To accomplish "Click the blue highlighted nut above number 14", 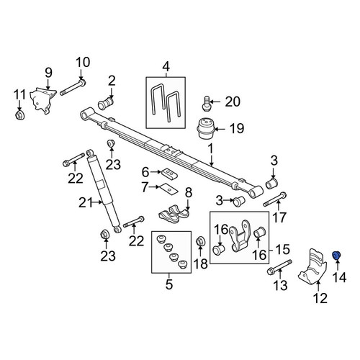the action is click(x=336, y=256).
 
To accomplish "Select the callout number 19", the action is click(x=237, y=128).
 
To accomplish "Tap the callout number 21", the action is click(x=86, y=203).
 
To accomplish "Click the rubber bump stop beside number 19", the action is click(x=206, y=129).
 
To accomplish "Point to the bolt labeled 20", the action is click(x=206, y=104).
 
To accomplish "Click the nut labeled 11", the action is click(x=19, y=115).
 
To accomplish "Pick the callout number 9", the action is click(x=48, y=73).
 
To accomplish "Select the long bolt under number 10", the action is click(x=73, y=88).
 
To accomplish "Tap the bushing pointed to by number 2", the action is click(x=106, y=103).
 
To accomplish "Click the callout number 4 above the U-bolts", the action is click(x=166, y=66).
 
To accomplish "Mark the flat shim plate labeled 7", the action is click(x=168, y=189).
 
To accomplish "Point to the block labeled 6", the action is click(x=169, y=174).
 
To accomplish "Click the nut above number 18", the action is click(x=200, y=241).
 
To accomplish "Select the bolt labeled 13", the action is click(x=279, y=267).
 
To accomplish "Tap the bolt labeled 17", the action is click(x=275, y=199).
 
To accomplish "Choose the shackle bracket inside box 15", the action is click(x=240, y=236).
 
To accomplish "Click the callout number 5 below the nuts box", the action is click(x=169, y=284).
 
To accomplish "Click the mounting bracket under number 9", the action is click(x=43, y=101).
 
